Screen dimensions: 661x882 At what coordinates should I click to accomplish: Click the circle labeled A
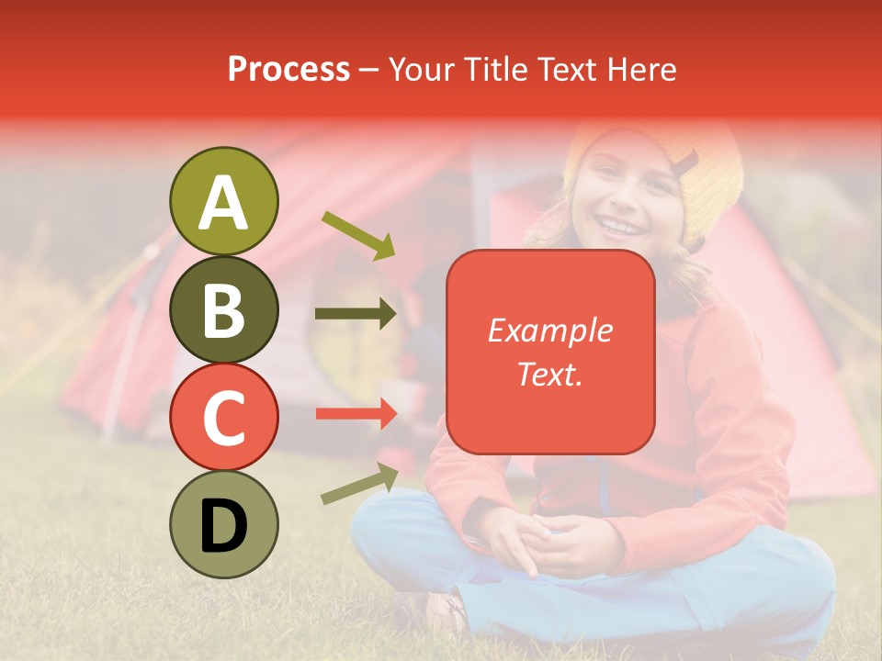(x=224, y=201)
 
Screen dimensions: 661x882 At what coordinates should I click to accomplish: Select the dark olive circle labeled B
(x=224, y=309)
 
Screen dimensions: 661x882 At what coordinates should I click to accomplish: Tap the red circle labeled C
(x=224, y=417)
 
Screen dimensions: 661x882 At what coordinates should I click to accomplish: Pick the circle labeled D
(x=224, y=524)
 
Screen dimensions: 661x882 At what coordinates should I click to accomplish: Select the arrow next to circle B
(x=356, y=314)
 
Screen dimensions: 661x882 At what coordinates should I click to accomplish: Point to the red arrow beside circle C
(x=356, y=413)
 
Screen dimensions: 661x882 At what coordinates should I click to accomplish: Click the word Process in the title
(x=288, y=69)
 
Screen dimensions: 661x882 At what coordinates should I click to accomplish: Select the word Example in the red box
(x=550, y=330)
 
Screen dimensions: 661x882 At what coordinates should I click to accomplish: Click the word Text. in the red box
(x=550, y=374)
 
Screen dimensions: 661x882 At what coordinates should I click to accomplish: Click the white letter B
(x=224, y=309)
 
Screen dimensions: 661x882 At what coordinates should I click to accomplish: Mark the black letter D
(x=224, y=526)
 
